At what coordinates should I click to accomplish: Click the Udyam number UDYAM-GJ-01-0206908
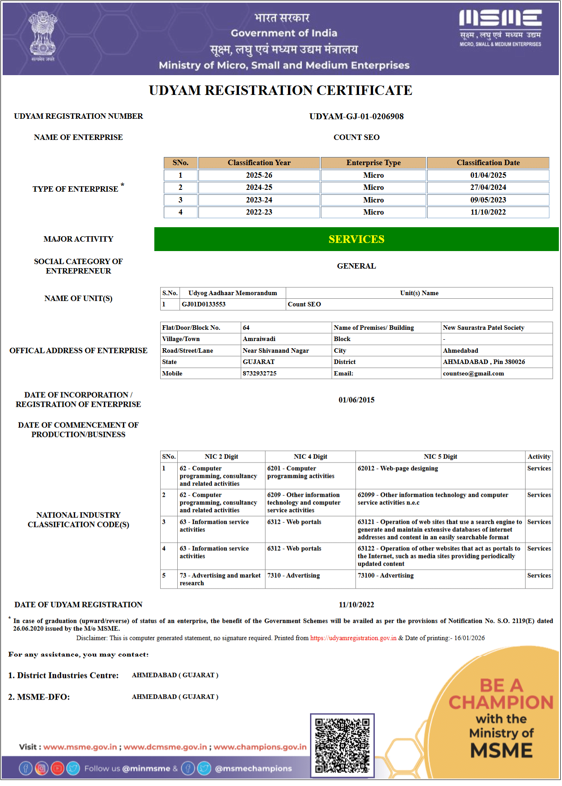click(356, 117)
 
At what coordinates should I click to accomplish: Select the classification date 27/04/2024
click(488, 188)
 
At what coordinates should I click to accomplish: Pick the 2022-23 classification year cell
click(259, 212)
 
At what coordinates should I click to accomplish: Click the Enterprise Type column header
click(373, 163)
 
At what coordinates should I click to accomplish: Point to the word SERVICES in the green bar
click(356, 239)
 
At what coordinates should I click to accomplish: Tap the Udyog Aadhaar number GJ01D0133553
click(203, 305)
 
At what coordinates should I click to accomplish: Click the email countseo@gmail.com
click(473, 373)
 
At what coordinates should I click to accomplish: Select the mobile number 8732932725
click(260, 373)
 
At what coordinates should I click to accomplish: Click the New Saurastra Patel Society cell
click(483, 328)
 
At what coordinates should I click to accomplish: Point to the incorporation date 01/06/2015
click(356, 400)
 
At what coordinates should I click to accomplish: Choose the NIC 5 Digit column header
click(440, 457)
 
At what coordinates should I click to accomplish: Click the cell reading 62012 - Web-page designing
click(398, 469)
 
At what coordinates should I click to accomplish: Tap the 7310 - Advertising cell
click(294, 576)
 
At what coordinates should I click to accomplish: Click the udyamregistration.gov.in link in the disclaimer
click(353, 638)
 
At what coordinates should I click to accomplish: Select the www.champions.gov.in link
click(260, 747)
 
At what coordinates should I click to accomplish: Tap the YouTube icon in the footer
click(57, 768)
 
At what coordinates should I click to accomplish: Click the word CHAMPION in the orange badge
click(501, 702)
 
